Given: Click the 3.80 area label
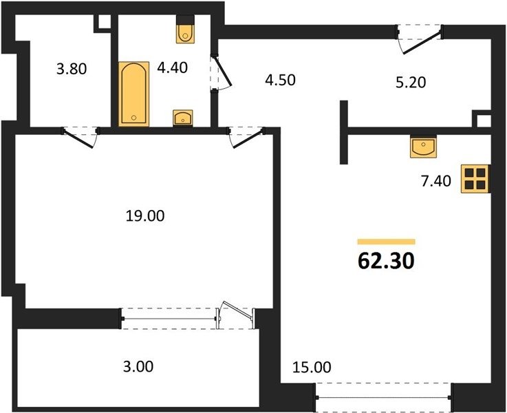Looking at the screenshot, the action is [72, 69].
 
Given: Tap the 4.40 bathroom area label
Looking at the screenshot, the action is [173, 67].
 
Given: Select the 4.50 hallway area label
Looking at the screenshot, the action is [280, 80].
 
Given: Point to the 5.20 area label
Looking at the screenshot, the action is [411, 83].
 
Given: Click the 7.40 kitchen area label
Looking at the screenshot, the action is [436, 181].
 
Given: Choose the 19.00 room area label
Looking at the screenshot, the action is [145, 215].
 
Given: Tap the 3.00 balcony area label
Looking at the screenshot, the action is [138, 366].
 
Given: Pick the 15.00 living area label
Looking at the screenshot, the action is [312, 367].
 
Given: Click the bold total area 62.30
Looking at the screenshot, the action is [386, 261].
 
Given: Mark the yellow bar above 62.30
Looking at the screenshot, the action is [386, 242].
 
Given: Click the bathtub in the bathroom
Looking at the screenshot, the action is [134, 94].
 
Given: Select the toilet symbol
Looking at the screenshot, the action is [185, 29].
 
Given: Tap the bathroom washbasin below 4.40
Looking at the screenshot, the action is [183, 118].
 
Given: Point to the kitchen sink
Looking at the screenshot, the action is [423, 147].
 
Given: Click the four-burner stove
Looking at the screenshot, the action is [475, 179].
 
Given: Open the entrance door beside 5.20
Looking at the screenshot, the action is [420, 39].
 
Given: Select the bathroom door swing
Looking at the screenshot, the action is [222, 73].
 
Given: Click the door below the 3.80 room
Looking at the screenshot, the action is [80, 137].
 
